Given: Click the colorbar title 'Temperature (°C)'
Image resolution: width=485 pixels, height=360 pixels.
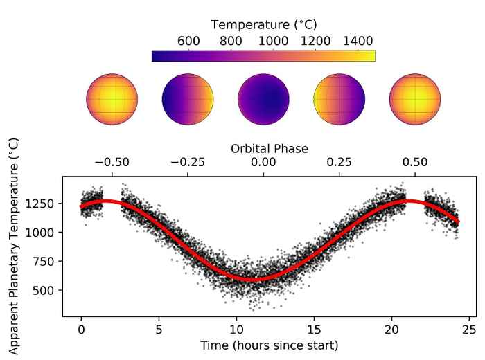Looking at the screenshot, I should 263,26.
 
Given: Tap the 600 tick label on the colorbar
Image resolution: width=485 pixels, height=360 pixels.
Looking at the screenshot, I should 188,41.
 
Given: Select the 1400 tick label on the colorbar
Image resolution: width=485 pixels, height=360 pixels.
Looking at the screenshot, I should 358,41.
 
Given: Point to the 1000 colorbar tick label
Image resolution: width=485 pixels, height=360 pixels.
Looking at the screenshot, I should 274,41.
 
